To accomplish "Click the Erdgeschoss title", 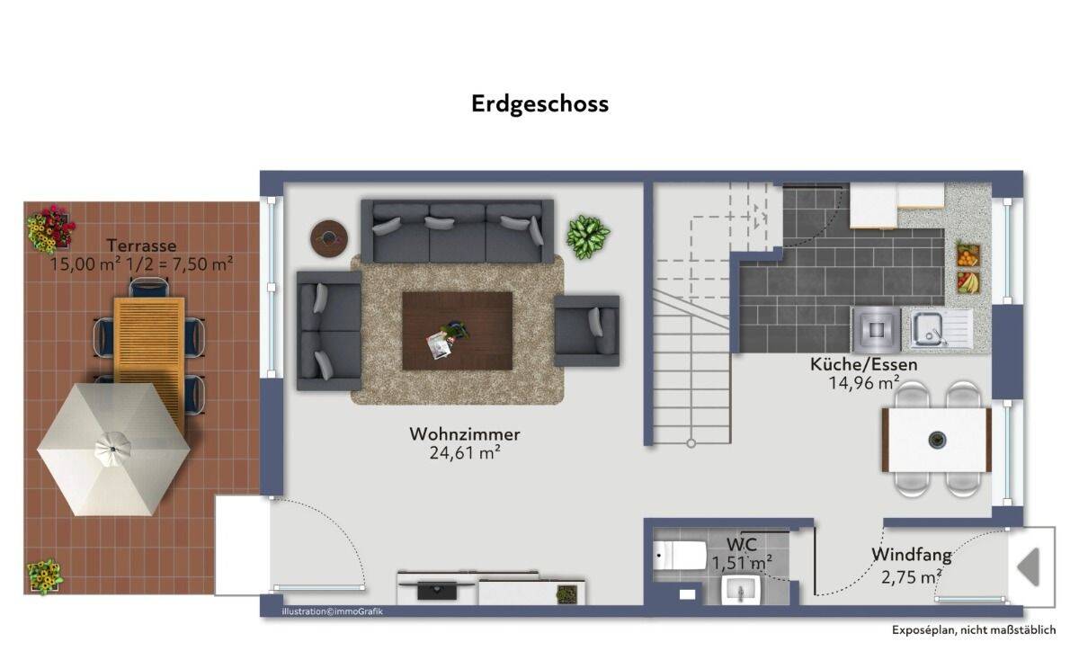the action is click(x=540, y=104).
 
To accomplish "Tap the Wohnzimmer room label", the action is click(x=465, y=434).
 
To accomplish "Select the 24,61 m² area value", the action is click(x=465, y=453).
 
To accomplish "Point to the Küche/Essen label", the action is click(x=864, y=365).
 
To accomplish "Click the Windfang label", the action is click(x=912, y=555).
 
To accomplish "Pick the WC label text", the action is click(x=741, y=544).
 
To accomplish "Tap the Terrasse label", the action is click(x=142, y=245).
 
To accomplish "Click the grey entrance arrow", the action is click(x=1029, y=567).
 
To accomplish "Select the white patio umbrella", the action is click(x=113, y=449).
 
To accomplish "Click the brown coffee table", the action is click(x=457, y=331).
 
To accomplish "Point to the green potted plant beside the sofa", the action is click(x=587, y=237).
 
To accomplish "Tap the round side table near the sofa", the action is click(x=329, y=238).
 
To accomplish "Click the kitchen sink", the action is click(x=941, y=328).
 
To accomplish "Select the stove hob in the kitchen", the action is click(x=876, y=329).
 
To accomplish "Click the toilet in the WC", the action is click(x=679, y=556).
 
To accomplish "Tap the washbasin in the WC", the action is click(x=740, y=590).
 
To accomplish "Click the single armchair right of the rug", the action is click(x=586, y=331).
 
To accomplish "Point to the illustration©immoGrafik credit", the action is click(x=333, y=611).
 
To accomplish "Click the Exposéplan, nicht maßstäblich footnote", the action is click(x=974, y=630).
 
